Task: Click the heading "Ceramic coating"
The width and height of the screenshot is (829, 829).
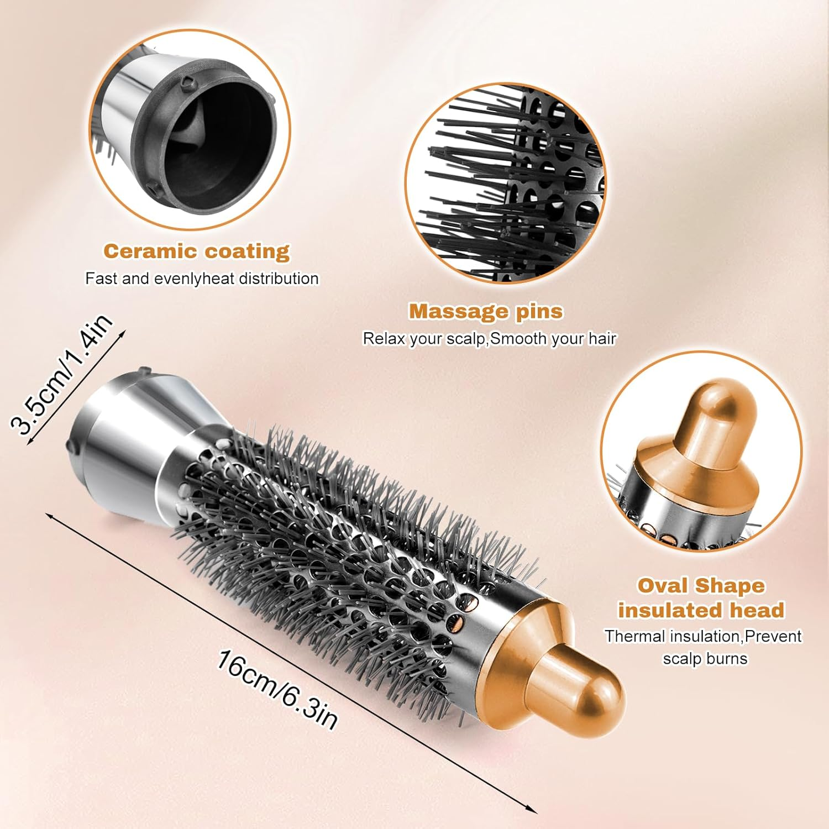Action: pos(196,251)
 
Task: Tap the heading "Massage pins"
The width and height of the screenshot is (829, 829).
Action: pos(485,312)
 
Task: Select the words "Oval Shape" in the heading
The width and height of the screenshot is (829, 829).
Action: pos(701,586)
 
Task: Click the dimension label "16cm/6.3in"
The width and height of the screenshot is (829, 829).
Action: pos(276,690)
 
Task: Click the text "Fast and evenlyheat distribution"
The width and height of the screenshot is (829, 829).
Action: pos(202,279)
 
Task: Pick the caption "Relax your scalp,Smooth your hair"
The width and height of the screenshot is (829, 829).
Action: pos(489,338)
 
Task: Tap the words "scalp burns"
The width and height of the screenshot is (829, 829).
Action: pos(705,659)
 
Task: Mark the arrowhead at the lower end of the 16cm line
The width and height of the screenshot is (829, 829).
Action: pos(533,810)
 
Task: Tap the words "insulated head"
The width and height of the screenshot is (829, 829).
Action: pos(701,611)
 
